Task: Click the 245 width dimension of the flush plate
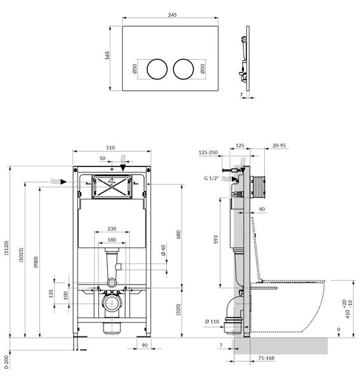tap(172, 15)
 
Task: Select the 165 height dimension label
tap(107, 55)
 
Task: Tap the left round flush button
tap(157, 69)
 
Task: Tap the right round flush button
tap(183, 69)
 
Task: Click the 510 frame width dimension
tap(110, 147)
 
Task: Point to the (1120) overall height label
tap(6, 248)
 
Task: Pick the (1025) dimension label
tap(22, 255)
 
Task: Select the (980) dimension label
tap(36, 262)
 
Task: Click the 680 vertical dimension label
tap(178, 234)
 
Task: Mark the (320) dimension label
tap(178, 309)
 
